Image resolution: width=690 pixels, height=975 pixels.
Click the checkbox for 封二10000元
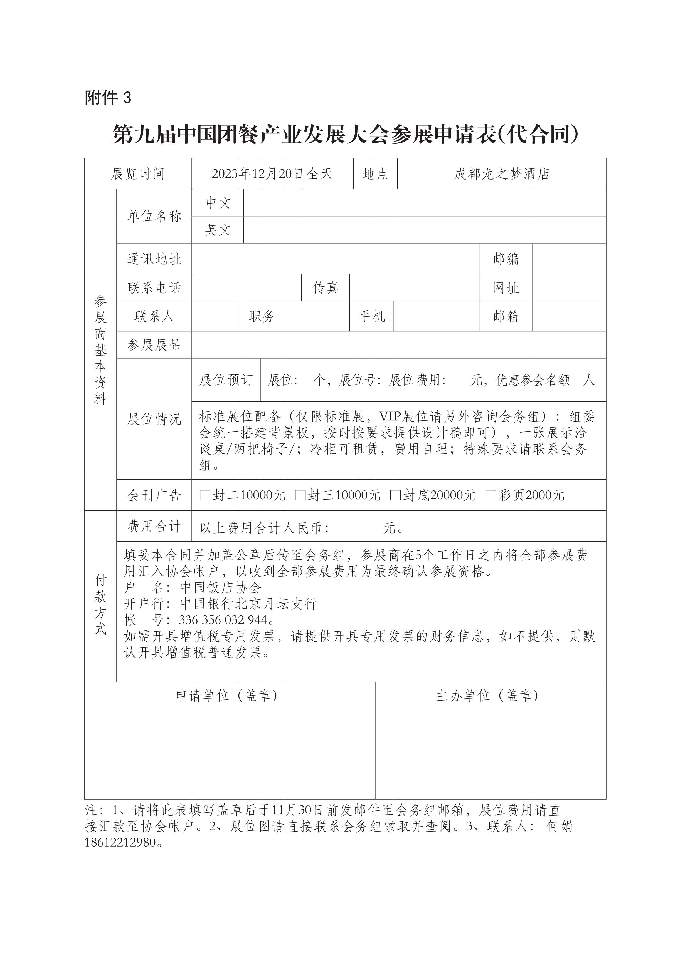point(205,495)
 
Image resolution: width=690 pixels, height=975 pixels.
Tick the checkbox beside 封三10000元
point(300,495)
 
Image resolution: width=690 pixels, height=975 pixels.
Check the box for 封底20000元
point(396,495)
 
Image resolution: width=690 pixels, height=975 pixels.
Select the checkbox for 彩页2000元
point(491,495)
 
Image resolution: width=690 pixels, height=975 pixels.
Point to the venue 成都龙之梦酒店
point(501,174)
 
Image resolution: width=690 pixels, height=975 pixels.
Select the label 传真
point(326,288)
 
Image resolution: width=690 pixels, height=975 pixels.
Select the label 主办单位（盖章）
point(487,696)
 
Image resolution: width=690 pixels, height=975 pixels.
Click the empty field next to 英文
point(425,230)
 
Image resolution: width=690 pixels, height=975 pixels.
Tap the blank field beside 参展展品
point(398,345)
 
